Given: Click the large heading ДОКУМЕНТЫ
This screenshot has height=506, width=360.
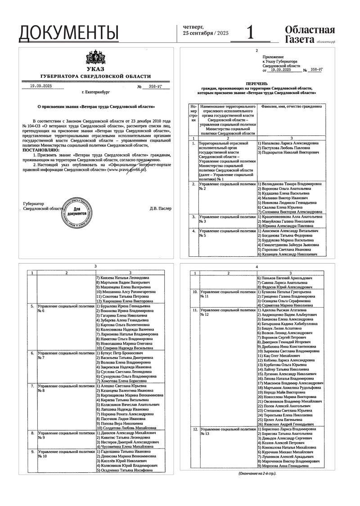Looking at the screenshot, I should (69, 32).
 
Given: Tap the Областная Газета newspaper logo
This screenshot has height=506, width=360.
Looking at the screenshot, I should (310, 35).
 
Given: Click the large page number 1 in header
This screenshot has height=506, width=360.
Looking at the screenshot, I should (250, 32).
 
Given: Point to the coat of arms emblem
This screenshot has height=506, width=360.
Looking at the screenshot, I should (95, 58).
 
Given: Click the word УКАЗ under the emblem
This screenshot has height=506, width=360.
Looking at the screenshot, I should (95, 69).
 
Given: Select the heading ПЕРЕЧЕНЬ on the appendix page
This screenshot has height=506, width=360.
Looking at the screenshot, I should (256, 84).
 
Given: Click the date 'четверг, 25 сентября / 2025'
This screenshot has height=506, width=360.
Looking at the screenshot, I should (200, 30).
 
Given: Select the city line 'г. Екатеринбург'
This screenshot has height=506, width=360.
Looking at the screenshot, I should (95, 92).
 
